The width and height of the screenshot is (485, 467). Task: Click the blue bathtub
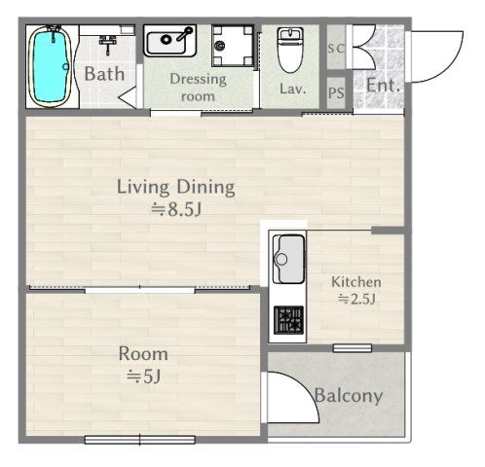pyautogui.click(x=50, y=66)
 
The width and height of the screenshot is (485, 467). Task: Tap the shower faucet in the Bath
pyautogui.click(x=108, y=45)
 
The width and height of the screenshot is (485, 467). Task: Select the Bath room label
pyautogui.click(x=104, y=74)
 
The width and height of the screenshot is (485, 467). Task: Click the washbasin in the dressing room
pyautogui.click(x=169, y=41)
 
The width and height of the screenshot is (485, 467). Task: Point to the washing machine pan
pyautogui.click(x=233, y=46)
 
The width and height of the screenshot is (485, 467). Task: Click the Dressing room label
pyautogui.click(x=198, y=88)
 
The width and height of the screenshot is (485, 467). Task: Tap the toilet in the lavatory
pyautogui.click(x=290, y=50)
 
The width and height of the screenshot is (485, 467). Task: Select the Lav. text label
pyautogui.click(x=293, y=89)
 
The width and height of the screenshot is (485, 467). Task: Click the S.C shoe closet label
pyautogui.click(x=336, y=49)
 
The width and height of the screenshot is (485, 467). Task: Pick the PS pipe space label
pyautogui.click(x=336, y=92)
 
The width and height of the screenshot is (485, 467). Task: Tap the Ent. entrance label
pyautogui.click(x=383, y=86)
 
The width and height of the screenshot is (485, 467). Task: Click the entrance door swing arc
pyautogui.click(x=451, y=65)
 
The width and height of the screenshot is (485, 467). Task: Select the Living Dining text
pyautogui.click(x=176, y=187)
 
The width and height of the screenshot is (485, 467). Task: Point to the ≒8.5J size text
pyautogui.click(x=176, y=209)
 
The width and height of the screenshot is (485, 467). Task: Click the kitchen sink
pyautogui.click(x=288, y=259)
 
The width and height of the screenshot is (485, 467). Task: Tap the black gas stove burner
pyautogui.click(x=288, y=320)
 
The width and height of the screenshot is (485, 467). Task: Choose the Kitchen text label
pyautogui.click(x=356, y=282)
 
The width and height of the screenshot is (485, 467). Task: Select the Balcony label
pyautogui.click(x=349, y=396)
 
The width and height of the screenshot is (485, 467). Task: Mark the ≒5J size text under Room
pyautogui.click(x=143, y=377)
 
